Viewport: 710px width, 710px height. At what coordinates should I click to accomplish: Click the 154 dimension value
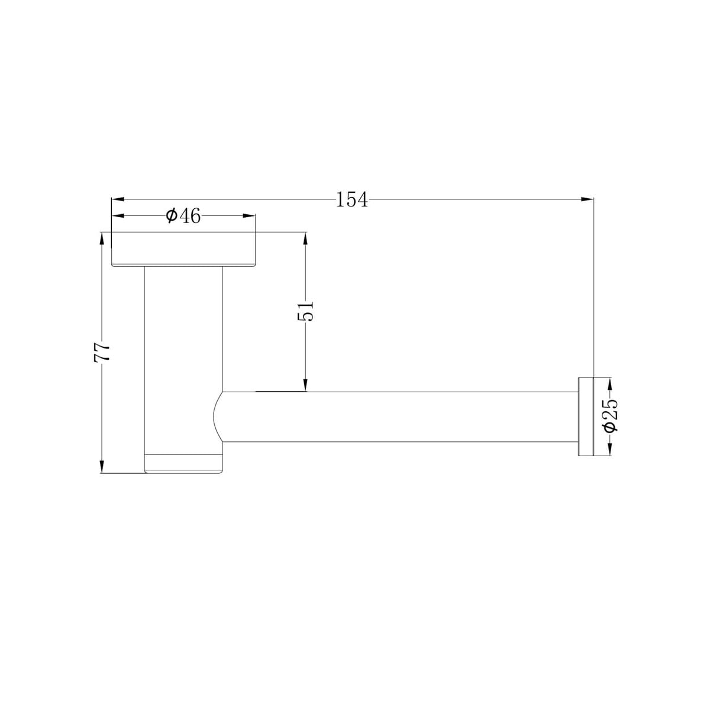coord(352,200)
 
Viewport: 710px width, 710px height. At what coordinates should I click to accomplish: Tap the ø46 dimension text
coord(183,216)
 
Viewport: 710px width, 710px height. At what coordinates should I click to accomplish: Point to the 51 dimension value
coord(305,311)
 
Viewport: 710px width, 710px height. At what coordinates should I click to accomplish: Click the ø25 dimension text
coord(611,417)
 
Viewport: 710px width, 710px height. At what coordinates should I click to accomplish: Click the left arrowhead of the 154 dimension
coord(118,199)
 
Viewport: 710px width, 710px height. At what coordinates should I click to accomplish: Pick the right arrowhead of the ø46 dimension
coord(248,216)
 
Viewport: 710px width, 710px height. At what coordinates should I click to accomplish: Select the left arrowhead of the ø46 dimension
coord(118,216)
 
